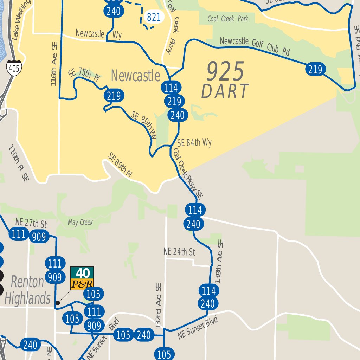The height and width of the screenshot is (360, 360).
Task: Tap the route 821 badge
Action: tap(154, 17)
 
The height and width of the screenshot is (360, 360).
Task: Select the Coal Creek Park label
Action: tap(228, 19)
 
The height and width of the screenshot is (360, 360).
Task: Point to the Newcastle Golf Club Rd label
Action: tap(255, 46)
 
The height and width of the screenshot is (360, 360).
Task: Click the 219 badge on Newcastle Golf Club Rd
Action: tap(315, 70)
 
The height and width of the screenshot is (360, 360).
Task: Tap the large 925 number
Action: tap(225, 71)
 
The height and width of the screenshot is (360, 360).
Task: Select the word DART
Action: tap(225, 91)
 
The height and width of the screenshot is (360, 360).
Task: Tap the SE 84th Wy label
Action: tap(194, 143)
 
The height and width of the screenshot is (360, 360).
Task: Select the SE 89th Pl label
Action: tap(120, 165)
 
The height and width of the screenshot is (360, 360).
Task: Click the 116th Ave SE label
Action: tap(54, 65)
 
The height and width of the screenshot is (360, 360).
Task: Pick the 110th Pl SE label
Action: tap(19, 163)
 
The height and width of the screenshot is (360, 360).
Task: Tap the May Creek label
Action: tap(81, 222)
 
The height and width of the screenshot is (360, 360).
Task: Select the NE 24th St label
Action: tap(179, 252)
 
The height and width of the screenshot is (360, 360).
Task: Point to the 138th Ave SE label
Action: tap(219, 262)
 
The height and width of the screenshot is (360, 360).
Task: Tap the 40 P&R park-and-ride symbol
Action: tap(82, 278)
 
